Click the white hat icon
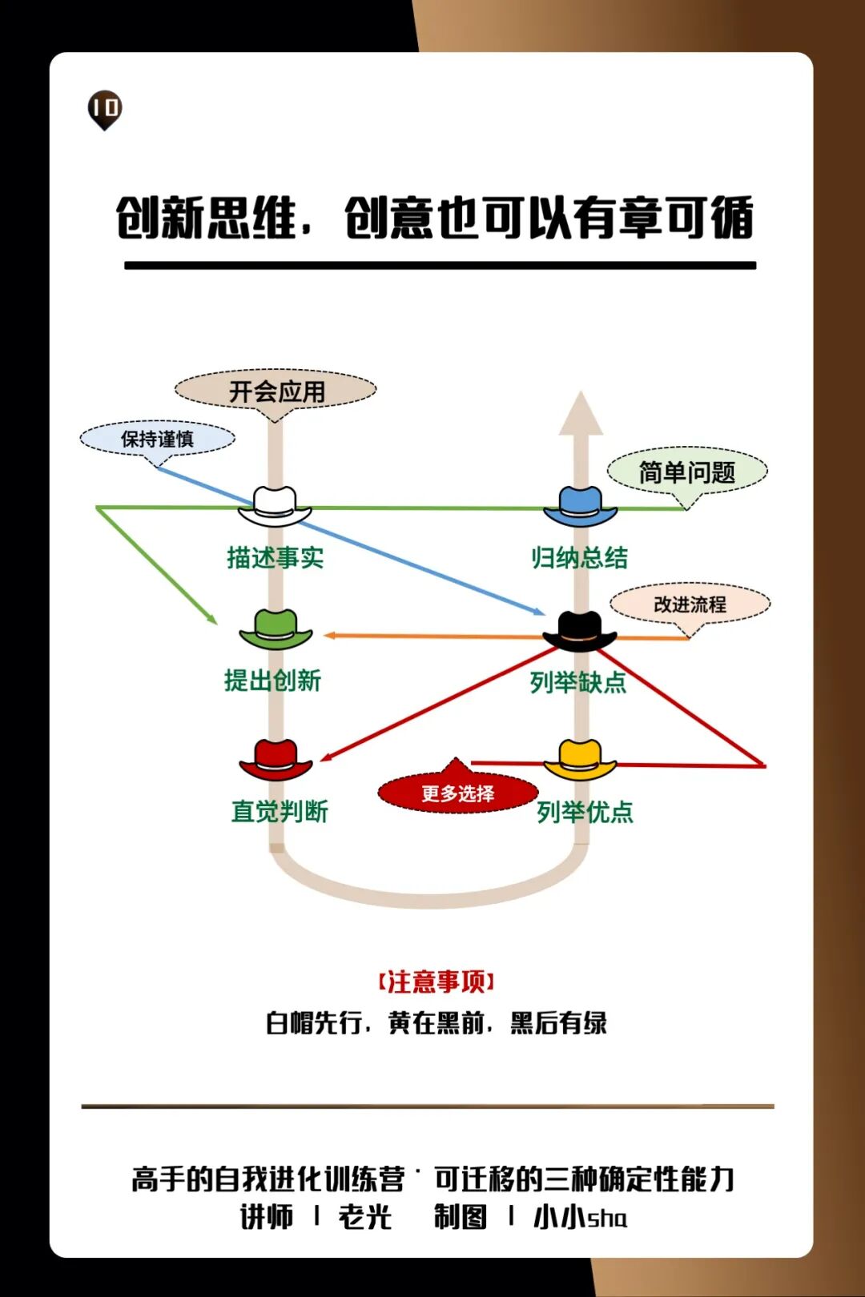(x=275, y=506)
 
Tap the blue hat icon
(x=580, y=506)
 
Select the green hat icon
(x=276, y=628)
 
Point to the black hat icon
(x=579, y=631)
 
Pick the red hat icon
(x=276, y=759)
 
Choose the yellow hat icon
(x=580, y=759)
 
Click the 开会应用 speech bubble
(x=276, y=392)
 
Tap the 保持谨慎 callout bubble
(x=157, y=439)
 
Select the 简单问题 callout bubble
(x=687, y=472)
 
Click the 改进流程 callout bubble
(x=690, y=604)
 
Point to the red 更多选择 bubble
(x=457, y=793)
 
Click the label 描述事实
(x=275, y=557)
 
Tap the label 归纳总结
(x=579, y=557)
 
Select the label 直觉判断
(x=280, y=811)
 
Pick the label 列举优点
(x=585, y=812)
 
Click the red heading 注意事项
(x=437, y=982)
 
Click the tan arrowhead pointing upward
(x=581, y=414)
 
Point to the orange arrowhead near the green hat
(x=329, y=636)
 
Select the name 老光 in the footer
(x=365, y=1217)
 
